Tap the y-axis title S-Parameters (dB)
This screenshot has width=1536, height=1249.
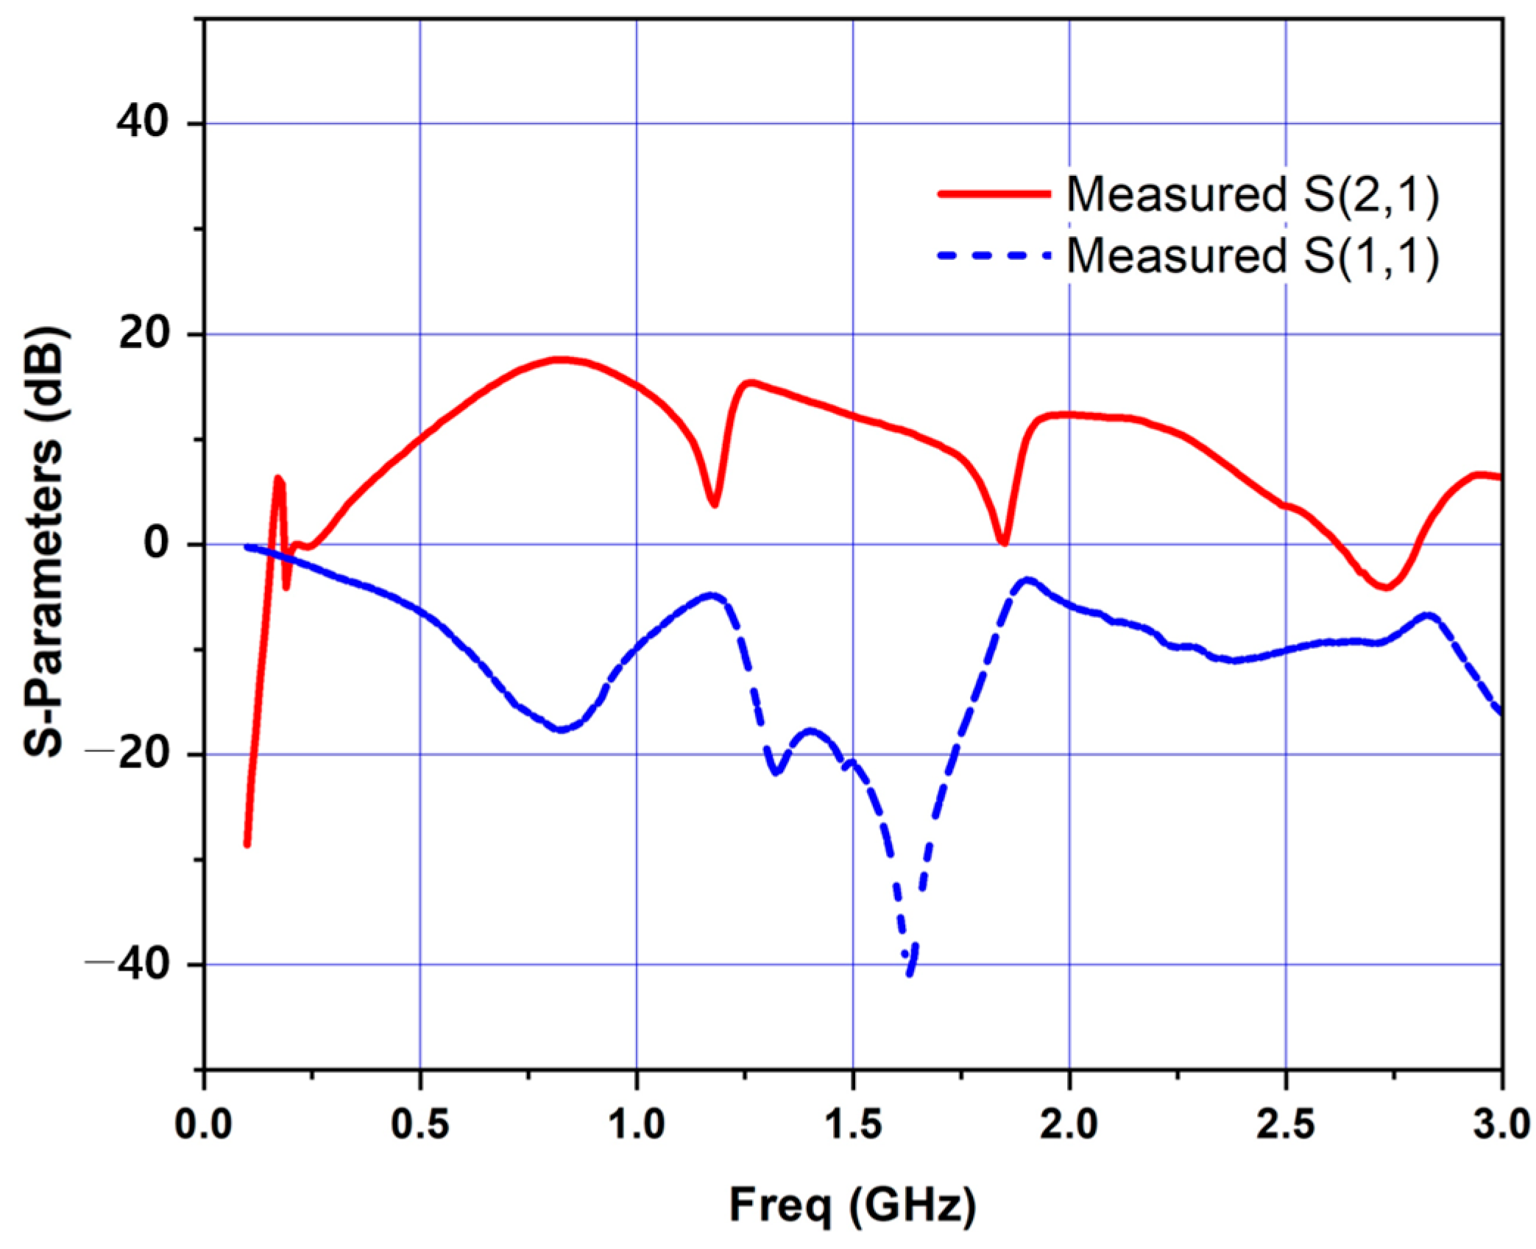[46, 543]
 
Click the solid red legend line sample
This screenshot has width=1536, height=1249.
[994, 194]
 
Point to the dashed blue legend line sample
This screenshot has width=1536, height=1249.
[994, 255]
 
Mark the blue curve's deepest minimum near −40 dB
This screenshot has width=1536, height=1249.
[910, 974]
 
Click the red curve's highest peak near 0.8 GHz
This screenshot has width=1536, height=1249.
[561, 360]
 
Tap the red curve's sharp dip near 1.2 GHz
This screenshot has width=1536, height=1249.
[713, 504]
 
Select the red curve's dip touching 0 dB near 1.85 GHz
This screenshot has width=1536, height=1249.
[1003, 542]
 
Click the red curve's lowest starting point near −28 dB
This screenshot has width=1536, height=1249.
[247, 844]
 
